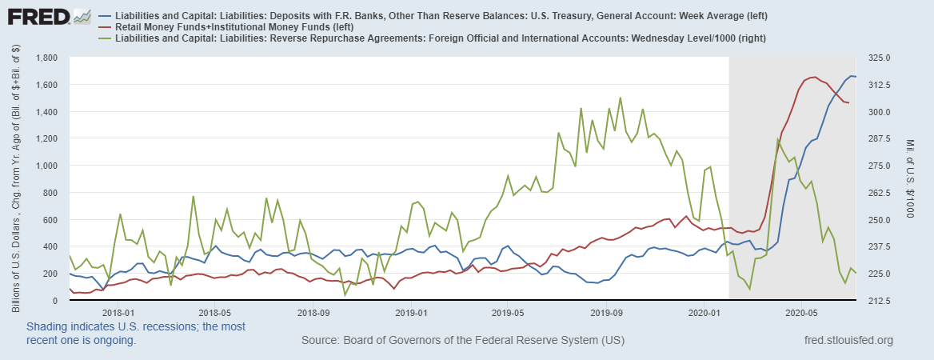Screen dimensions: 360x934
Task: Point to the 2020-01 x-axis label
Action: pyautogui.click(x=704, y=313)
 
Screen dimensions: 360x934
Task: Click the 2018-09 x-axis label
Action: pyautogui.click(x=312, y=313)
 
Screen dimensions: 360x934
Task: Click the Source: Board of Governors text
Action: pyautogui.click(x=463, y=342)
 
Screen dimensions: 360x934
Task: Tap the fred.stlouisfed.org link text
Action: pyautogui.click(x=848, y=342)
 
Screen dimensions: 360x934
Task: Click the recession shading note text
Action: pyautogui.click(x=136, y=334)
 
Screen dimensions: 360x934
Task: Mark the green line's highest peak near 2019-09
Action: pyautogui.click(x=620, y=98)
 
